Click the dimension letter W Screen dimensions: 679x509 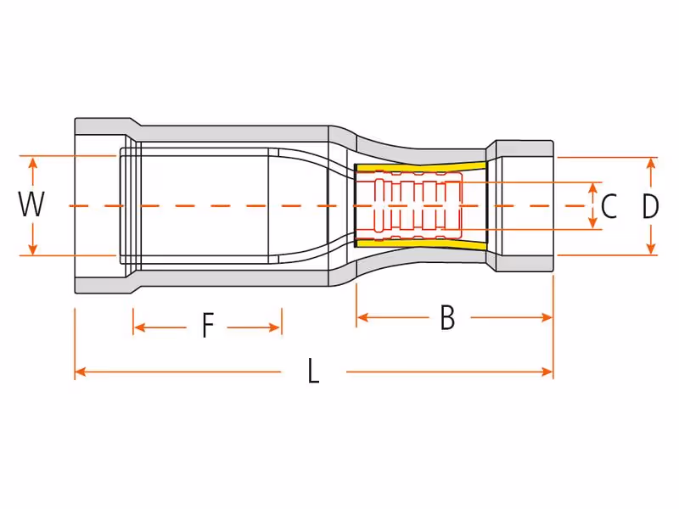31,204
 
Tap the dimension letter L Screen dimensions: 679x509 313,371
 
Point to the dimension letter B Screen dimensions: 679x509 448,317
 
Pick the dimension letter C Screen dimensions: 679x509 609,206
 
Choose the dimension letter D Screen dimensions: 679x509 650,206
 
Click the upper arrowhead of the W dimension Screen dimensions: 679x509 32,163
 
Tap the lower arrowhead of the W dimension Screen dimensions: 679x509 32,249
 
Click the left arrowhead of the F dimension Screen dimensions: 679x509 139,327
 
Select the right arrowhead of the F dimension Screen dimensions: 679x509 275,327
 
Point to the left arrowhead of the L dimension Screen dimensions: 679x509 81,372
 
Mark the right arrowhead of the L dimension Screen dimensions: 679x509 547,372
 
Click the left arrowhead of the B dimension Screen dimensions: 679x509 363,317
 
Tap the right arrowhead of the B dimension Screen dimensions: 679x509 547,317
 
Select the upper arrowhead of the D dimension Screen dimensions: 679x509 650,164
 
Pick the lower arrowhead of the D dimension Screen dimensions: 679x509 650,248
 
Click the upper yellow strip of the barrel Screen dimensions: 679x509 420,167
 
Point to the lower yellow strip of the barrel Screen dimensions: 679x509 420,244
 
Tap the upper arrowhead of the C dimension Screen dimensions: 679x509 593,188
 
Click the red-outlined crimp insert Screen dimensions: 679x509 408,206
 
